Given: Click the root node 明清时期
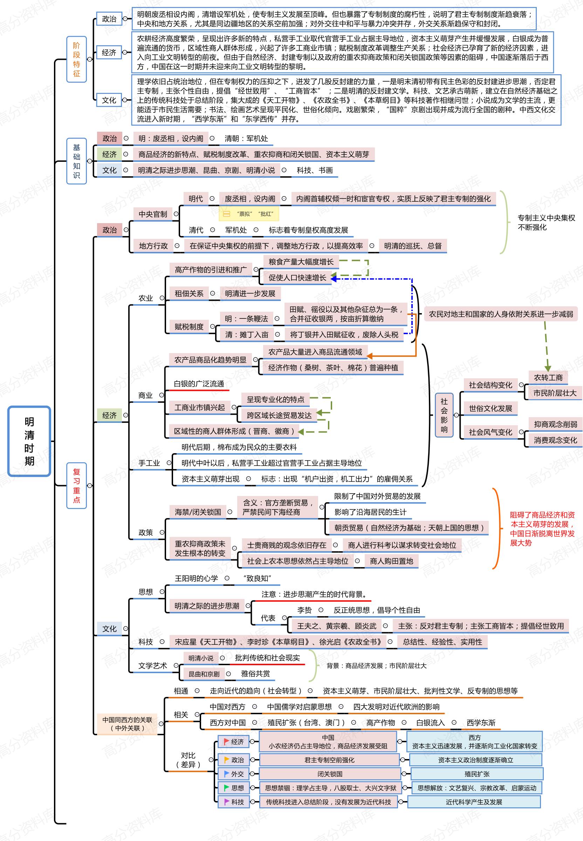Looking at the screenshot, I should click(x=29, y=441).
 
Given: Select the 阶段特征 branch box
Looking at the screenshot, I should click(x=76, y=59).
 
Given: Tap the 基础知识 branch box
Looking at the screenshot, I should click(x=76, y=161).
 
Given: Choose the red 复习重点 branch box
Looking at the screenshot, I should click(x=76, y=485).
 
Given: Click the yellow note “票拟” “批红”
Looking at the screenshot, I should click(x=249, y=214).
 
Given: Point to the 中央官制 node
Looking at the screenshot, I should click(x=153, y=214).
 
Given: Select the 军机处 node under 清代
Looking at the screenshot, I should click(x=235, y=230).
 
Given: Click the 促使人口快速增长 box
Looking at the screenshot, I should click(x=297, y=277).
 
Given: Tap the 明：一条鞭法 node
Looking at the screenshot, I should click(x=246, y=318).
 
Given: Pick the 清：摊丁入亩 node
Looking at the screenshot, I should click(x=247, y=335).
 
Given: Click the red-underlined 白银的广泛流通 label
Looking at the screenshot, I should click(x=199, y=384).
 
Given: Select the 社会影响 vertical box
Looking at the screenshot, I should click(x=444, y=415).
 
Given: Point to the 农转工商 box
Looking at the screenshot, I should click(x=548, y=377).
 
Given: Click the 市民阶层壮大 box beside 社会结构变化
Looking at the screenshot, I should click(x=555, y=393).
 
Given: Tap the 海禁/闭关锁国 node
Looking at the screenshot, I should click(x=198, y=512).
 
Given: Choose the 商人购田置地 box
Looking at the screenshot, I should click(x=391, y=561).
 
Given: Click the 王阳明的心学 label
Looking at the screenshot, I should click(x=196, y=578).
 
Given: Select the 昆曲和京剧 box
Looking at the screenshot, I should click(x=204, y=674).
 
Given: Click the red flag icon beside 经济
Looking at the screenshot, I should click(x=226, y=742).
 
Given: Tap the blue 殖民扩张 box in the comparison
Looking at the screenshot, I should click(x=477, y=774).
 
